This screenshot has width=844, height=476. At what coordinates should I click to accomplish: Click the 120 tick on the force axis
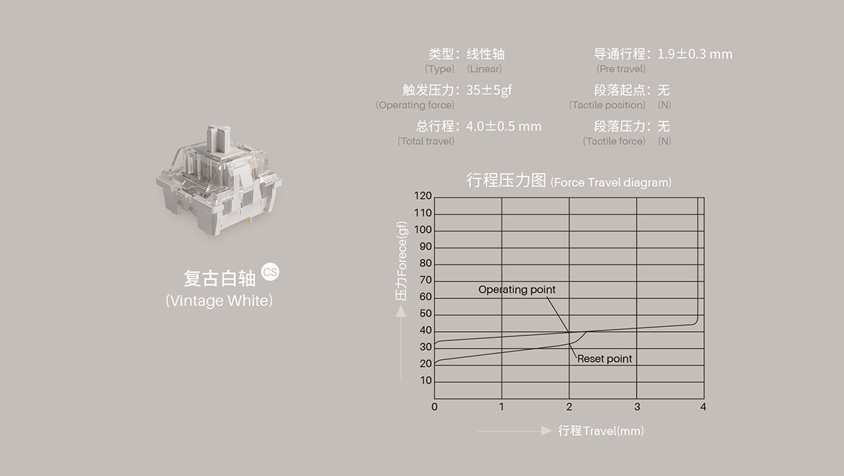[x=423, y=196]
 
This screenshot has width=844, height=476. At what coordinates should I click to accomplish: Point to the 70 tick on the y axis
[x=426, y=280]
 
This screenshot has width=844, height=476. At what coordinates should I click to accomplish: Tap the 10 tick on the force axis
[x=426, y=380]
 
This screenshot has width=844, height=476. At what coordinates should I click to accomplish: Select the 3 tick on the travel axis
[x=637, y=406]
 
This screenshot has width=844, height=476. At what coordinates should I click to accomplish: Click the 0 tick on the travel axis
[x=435, y=406]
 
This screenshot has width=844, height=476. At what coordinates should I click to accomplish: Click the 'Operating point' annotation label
[x=516, y=290]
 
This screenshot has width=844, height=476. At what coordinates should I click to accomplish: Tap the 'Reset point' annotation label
[x=604, y=359]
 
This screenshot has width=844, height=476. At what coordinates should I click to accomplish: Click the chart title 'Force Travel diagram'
[x=610, y=182]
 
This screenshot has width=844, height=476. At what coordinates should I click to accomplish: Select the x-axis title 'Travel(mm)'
[x=613, y=430]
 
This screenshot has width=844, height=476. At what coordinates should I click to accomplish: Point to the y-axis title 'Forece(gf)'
[x=402, y=248]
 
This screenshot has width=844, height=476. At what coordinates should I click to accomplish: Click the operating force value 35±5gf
[x=489, y=91]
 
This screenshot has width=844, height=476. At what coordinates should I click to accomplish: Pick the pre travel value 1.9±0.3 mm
[x=695, y=54]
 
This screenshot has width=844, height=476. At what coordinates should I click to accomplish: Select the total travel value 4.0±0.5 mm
[x=504, y=127]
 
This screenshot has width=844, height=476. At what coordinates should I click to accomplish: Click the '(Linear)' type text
[x=484, y=69]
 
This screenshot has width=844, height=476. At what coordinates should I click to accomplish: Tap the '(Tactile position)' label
[x=607, y=105]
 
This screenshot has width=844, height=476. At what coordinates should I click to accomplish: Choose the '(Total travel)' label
[x=426, y=141]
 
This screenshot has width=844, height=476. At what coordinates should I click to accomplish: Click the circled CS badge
[x=270, y=271]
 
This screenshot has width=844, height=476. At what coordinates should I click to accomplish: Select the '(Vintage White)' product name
[x=219, y=301]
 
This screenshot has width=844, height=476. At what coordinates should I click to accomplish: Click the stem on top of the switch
[x=219, y=139]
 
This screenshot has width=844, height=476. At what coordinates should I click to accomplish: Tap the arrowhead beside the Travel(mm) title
[x=546, y=430]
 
